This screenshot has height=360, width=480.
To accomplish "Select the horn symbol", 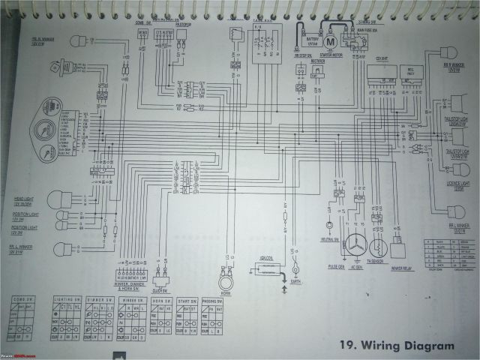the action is tap(223, 283).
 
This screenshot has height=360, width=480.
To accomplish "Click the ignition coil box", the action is tap(265, 268).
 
